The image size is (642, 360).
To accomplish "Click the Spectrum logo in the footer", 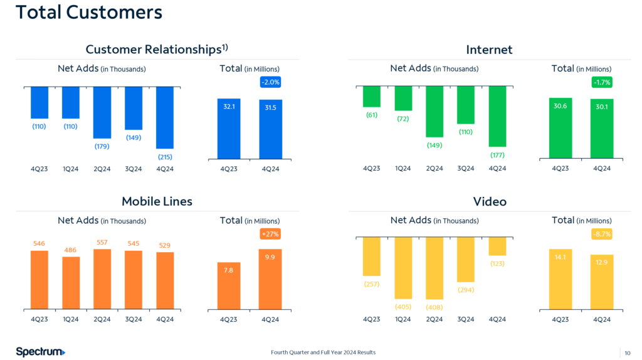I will coord(41,352).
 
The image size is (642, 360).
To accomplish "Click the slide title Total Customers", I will coord(88,12).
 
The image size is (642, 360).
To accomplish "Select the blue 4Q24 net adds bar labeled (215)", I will coord(165,117).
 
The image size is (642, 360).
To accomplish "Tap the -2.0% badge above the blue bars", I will coord(271,82).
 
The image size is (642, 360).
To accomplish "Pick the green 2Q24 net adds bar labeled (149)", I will coord(434,111).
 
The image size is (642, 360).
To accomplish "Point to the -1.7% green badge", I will coord(602,82).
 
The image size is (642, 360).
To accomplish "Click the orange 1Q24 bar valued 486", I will coord(71,283).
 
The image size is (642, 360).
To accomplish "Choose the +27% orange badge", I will coord(270,234).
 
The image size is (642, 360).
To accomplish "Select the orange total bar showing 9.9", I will coord(270,279).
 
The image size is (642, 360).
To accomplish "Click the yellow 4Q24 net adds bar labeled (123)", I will coord(497,246).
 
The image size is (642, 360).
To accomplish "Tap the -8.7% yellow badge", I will coord(602,234).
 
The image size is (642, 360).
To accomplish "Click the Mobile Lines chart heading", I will coord(157,201).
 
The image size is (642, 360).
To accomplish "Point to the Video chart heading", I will coord(490,201).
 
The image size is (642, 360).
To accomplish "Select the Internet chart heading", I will coord(490,49).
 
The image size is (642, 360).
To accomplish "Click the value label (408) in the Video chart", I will coord(434,307).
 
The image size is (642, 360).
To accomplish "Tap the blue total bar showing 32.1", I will coord(229,129).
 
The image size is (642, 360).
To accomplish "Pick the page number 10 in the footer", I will coord(628,352).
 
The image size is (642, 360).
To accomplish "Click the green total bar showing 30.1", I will coord(602,129).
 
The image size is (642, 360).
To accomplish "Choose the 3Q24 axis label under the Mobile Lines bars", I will coord(134,319).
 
